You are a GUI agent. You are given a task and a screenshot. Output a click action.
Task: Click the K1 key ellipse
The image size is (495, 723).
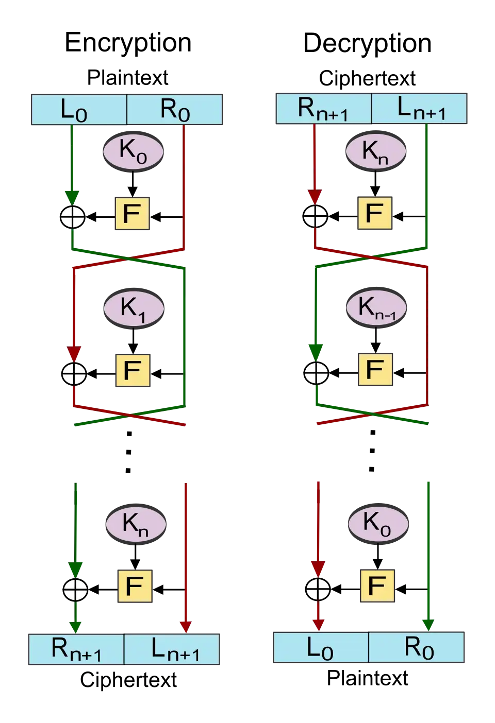click(134, 308)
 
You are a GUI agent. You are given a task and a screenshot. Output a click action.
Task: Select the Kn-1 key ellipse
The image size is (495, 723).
click(376, 307)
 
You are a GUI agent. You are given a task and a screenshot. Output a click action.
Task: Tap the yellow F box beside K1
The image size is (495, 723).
click(133, 370)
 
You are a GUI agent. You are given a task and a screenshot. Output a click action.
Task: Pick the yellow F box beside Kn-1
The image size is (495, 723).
click(375, 369)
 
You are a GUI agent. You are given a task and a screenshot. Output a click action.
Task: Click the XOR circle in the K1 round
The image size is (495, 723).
click(74, 373)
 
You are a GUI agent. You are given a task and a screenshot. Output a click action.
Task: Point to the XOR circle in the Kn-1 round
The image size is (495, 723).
click(316, 372)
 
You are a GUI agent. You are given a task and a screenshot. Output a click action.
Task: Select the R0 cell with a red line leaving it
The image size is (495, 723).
click(174, 110)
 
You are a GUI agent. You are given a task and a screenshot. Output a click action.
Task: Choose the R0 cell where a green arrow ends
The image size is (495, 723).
click(417, 647)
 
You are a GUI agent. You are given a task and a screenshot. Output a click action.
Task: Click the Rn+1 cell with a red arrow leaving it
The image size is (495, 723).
click(324, 108)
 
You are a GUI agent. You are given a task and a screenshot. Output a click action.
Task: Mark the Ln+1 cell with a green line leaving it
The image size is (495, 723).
click(419, 108)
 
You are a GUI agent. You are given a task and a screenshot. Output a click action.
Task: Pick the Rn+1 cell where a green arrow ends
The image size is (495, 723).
click(76, 649)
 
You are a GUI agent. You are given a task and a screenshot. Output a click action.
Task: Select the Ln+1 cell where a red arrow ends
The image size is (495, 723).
click(172, 649)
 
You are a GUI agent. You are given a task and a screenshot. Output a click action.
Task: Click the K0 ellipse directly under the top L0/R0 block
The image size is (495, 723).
click(134, 151)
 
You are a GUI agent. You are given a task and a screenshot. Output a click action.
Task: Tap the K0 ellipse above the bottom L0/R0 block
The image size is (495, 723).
click(378, 523)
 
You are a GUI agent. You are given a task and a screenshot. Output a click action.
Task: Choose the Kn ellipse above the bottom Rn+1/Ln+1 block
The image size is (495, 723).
click(136, 524)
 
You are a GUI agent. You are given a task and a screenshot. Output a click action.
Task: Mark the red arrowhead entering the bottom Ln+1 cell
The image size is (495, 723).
click(186, 626)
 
